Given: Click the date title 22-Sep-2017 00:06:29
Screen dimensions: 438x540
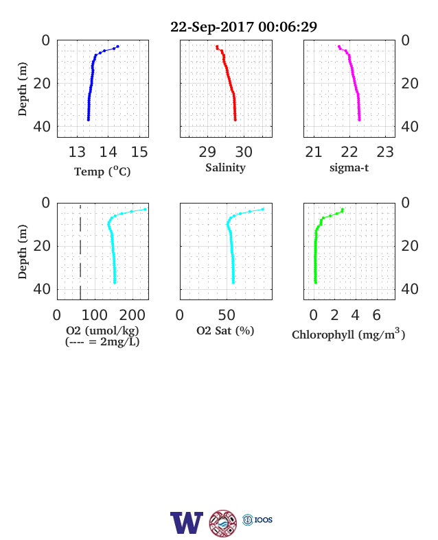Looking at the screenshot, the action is (x=244, y=27).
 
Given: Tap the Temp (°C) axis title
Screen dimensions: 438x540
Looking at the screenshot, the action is (x=102, y=171).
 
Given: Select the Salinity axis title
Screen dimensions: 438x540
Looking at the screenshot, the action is (x=226, y=168).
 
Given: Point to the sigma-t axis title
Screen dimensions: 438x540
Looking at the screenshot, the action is (x=349, y=168).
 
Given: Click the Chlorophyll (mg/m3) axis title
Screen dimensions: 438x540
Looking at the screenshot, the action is (x=348, y=334).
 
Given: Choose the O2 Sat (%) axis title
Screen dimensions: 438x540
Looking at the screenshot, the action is (x=225, y=330).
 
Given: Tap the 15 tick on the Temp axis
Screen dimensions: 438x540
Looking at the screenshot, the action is (x=139, y=152).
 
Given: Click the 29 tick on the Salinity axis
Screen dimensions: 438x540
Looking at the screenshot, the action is (x=207, y=152).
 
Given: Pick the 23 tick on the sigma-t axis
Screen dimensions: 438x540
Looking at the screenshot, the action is (x=385, y=152).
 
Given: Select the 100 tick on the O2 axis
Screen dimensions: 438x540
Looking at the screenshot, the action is (x=95, y=315).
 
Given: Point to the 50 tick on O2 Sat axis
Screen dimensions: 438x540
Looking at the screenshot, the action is (x=227, y=315).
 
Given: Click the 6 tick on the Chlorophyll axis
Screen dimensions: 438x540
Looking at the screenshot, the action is (x=377, y=315).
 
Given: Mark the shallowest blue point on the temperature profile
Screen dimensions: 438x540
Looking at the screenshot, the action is (x=117, y=47).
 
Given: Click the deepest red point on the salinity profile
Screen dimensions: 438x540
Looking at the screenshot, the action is (x=235, y=120).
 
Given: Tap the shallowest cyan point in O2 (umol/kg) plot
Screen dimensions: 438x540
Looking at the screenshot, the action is (x=145, y=210).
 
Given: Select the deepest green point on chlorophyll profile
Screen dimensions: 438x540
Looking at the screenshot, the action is (x=316, y=282).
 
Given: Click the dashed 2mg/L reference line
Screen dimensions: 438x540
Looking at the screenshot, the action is (x=80, y=251).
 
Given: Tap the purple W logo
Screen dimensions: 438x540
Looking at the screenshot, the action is (x=187, y=523).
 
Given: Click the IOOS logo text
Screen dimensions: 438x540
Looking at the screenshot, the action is (x=264, y=519).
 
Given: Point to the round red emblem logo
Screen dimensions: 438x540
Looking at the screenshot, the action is (x=223, y=523).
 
